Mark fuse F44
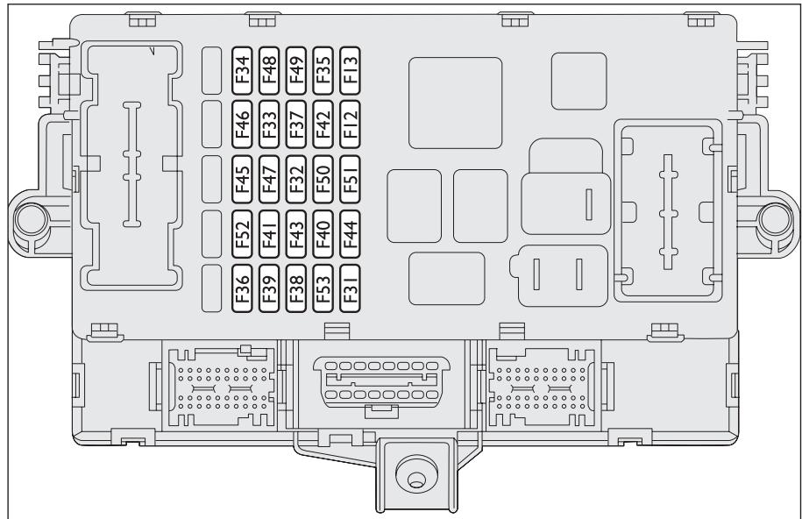351,233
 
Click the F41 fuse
270,233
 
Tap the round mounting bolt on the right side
774,217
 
